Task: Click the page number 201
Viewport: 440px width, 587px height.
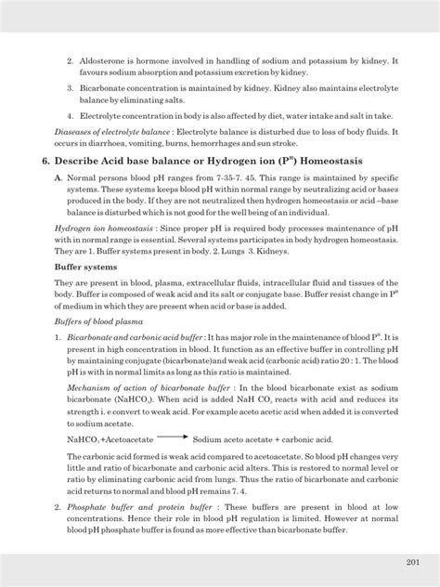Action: (413, 562)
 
